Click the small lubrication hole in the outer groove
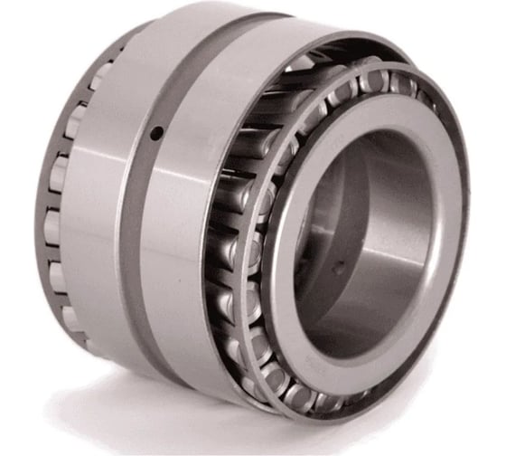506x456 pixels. pos(157,134)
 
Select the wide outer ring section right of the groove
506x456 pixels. pos(194,217)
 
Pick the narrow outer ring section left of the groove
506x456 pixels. pos(95,208)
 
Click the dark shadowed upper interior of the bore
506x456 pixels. pos(361,163)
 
